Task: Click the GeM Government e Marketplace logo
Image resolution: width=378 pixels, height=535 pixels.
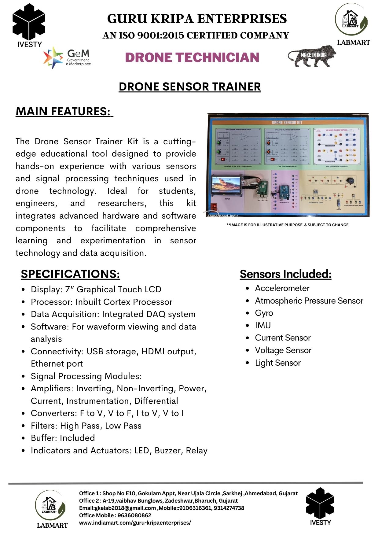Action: [68, 57]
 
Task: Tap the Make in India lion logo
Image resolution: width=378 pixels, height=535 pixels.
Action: [312, 56]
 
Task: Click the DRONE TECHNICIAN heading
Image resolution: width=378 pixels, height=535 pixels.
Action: [192, 57]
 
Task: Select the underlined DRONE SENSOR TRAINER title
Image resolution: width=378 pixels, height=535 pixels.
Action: [190, 87]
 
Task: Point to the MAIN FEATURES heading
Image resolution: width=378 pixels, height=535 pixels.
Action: [64, 112]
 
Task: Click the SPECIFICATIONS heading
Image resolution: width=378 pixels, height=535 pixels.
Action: [70, 274]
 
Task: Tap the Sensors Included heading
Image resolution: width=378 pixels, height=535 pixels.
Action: [285, 274]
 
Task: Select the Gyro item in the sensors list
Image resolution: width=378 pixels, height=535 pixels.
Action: [264, 313]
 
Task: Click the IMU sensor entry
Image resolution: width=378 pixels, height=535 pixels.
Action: [263, 325]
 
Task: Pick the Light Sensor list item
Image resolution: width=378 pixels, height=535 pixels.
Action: [278, 363]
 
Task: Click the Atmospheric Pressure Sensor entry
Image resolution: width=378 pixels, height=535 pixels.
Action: [309, 301]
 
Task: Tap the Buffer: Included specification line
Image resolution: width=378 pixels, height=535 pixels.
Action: [63, 438]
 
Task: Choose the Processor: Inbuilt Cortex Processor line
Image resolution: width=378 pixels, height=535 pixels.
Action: [101, 302]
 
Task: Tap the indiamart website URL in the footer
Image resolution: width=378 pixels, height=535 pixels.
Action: [135, 522]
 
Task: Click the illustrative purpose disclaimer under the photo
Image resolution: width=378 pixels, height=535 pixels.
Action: [287, 225]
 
